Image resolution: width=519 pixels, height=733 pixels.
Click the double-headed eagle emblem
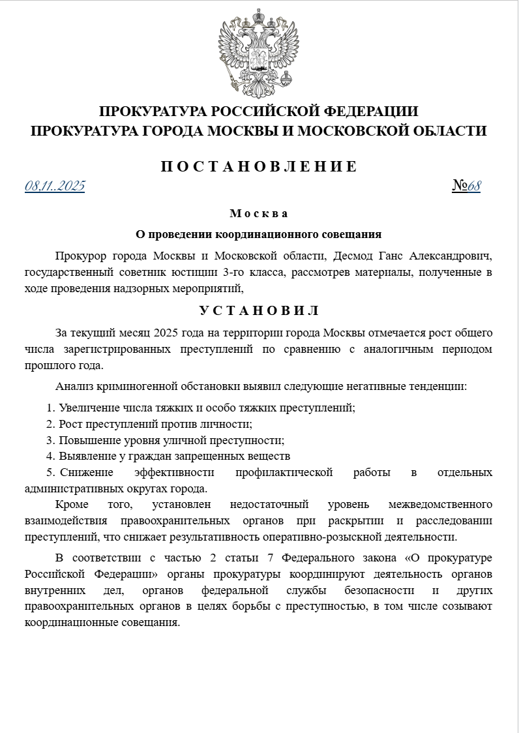coord(259,52)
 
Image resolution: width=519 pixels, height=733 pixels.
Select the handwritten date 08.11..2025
coord(55,187)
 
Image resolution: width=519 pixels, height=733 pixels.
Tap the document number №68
coord(466,187)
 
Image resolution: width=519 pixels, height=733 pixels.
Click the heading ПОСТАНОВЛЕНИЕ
coord(259,166)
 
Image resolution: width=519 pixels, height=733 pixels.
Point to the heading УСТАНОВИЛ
coord(259,310)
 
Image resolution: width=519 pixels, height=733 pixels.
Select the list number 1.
coord(50,408)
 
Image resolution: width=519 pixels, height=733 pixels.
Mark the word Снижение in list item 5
coord(86,472)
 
